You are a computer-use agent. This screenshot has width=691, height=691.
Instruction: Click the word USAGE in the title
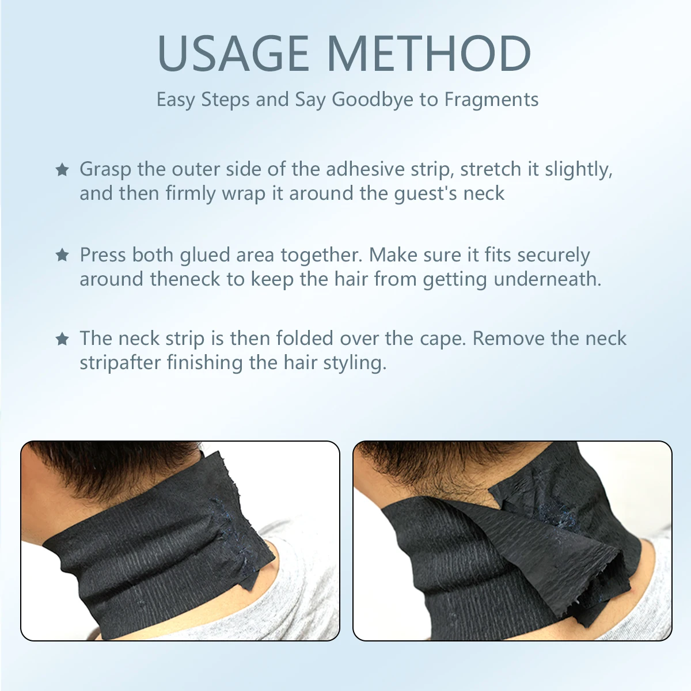pyautogui.click(x=233, y=53)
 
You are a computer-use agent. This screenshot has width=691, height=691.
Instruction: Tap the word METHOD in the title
pyautogui.click(x=428, y=53)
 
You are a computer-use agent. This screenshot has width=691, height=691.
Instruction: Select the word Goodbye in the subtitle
pyautogui.click(x=372, y=100)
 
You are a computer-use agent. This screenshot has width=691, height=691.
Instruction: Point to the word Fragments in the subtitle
pyautogui.click(x=491, y=100)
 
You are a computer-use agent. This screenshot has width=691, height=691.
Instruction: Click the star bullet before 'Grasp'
pyautogui.click(x=62, y=170)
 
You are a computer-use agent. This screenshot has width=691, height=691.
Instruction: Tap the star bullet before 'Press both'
pyautogui.click(x=62, y=255)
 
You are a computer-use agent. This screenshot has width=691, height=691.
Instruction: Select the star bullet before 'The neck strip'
pyautogui.click(x=62, y=339)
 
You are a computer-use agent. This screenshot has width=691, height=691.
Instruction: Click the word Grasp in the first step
pyautogui.click(x=105, y=170)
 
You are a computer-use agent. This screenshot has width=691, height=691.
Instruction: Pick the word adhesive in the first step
pyautogui.click(x=365, y=169)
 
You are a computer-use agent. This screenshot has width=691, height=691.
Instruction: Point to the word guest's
pyautogui.click(x=426, y=194)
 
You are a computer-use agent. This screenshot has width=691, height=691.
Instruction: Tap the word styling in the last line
pyautogui.click(x=355, y=363)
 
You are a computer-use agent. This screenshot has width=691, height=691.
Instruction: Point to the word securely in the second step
pyautogui.click(x=553, y=255)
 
